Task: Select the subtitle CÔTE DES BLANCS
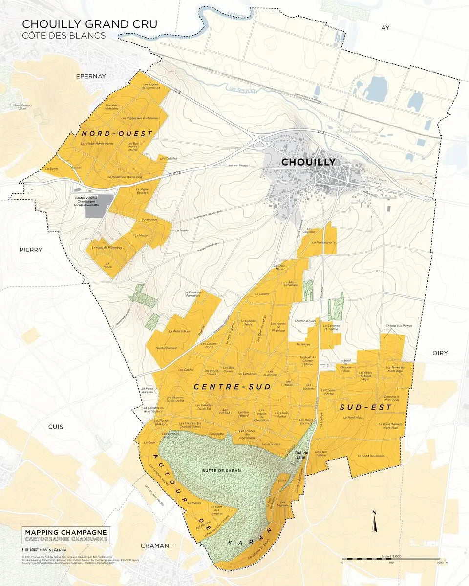click(x=64, y=35)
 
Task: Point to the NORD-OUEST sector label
click(x=117, y=133)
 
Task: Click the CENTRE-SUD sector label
click(x=232, y=386)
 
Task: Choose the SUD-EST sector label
click(x=365, y=407)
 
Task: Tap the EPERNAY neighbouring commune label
click(x=91, y=76)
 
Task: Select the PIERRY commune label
click(x=31, y=250)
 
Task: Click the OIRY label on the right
click(x=441, y=353)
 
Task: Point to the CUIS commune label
click(x=56, y=426)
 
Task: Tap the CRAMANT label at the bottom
click(x=156, y=545)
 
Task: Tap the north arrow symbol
click(x=374, y=522)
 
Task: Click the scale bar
click(x=391, y=558)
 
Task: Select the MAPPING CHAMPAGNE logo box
click(x=66, y=535)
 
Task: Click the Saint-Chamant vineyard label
click(x=166, y=348)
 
